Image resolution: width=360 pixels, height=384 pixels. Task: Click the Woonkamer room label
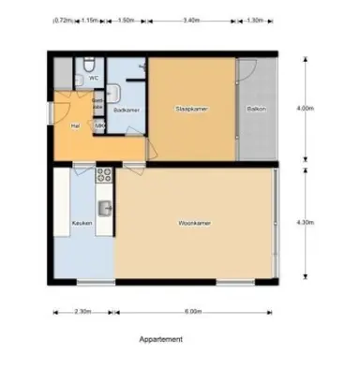(194, 223)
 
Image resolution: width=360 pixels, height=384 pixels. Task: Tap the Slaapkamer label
(190, 111)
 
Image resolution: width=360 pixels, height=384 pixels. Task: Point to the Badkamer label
(126, 111)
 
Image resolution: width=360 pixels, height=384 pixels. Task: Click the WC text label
(94, 79)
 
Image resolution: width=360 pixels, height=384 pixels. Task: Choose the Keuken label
(80, 223)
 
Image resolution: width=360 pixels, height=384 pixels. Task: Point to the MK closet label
(99, 125)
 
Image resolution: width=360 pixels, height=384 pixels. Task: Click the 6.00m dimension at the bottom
(193, 312)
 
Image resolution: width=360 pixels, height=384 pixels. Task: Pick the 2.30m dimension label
(82, 312)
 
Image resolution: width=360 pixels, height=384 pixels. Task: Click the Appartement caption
(160, 340)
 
